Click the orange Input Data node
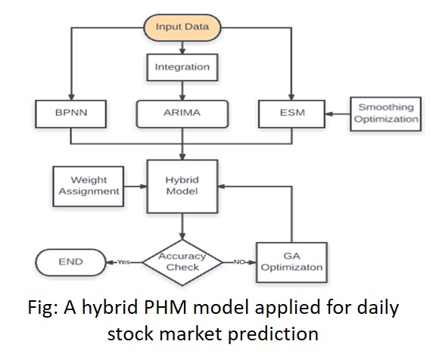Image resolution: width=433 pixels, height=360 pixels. point(182,27)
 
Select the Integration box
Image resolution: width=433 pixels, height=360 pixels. point(182,67)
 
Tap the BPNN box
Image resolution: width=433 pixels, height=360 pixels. point(71,114)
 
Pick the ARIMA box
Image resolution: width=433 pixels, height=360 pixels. point(182,114)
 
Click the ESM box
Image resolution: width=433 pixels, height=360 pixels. point(291,114)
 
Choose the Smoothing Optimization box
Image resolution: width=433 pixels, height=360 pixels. point(385,113)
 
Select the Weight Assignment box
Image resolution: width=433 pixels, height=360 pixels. point(89,186)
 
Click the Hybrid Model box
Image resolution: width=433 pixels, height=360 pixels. point(182,187)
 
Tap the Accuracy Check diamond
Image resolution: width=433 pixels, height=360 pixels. point(182,262)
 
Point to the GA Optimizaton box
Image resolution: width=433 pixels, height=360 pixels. point(291,262)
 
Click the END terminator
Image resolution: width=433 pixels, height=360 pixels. point(70,262)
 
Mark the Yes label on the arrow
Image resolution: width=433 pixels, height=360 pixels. point(123,262)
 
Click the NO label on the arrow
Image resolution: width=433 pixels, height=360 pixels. point(239,262)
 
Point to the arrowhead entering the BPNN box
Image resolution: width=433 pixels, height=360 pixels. point(71,97)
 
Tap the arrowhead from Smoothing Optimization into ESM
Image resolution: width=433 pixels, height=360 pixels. point(329,114)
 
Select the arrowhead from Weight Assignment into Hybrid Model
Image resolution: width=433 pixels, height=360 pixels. point(144,187)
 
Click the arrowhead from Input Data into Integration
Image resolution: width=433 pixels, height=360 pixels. point(182,51)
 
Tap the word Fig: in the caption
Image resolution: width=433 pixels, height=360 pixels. point(43,308)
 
